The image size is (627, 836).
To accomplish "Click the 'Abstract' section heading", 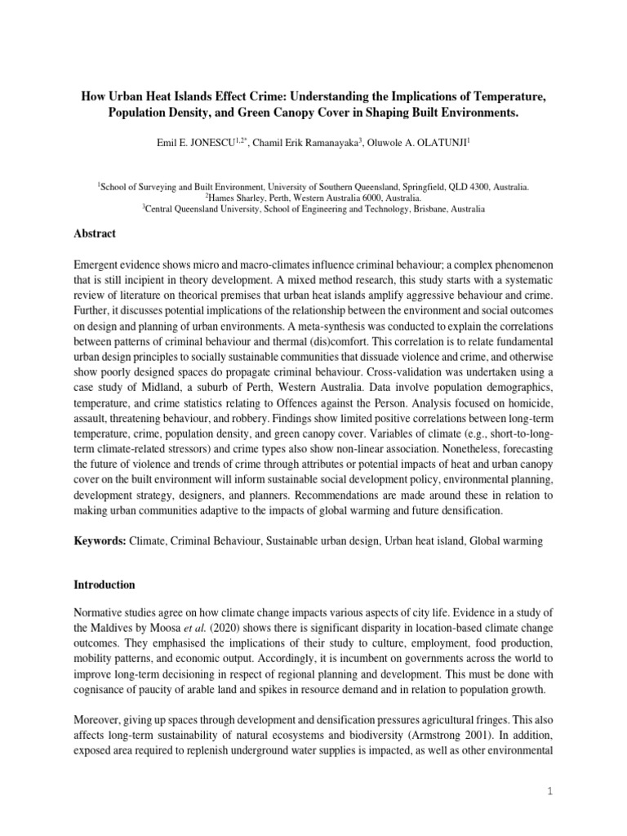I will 95,233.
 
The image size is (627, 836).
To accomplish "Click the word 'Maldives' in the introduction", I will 115,627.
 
